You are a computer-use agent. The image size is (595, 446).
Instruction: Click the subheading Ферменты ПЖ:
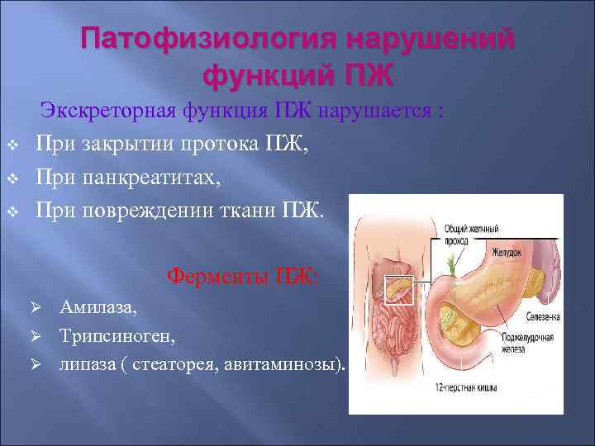coord(242,275)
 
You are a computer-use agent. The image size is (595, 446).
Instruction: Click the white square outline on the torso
coord(397,290)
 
